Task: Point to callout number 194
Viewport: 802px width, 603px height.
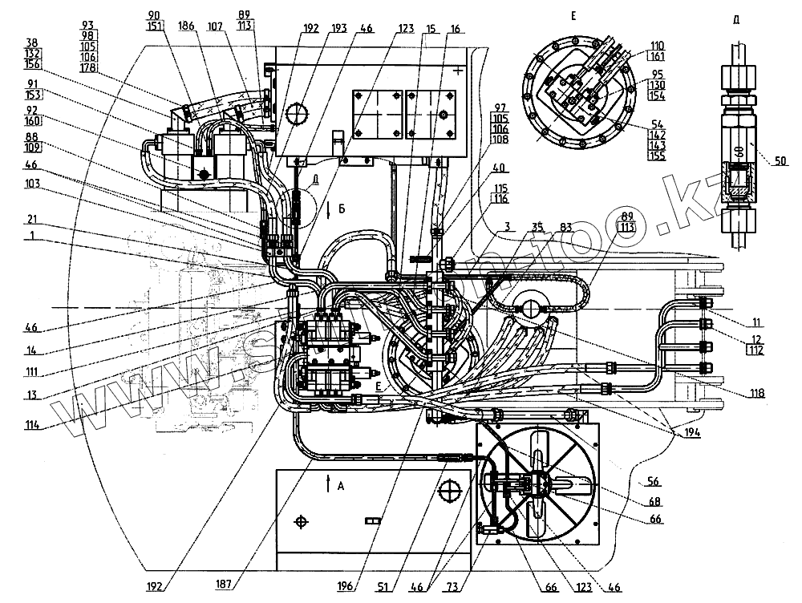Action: point(691,433)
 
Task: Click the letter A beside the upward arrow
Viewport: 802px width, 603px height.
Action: point(341,486)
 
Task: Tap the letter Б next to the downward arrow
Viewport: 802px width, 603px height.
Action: point(342,209)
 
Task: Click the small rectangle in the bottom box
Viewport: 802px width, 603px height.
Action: point(371,520)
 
